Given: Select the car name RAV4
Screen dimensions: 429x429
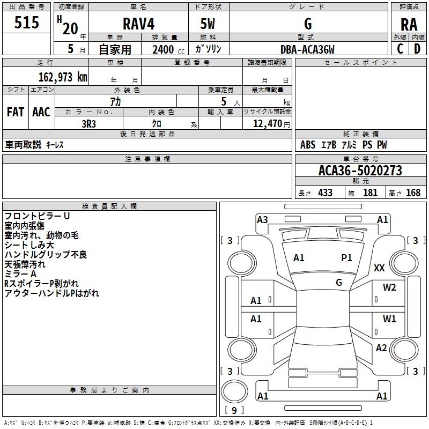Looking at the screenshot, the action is coord(138,24).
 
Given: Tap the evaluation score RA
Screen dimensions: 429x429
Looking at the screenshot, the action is coord(409,24).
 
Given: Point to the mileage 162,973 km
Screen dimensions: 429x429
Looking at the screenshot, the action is coord(63,77).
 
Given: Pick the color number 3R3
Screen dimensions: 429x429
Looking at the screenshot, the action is coord(88,123).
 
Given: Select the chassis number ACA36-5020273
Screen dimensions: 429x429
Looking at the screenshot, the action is coord(360,171).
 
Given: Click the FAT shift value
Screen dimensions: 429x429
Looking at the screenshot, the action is coord(16,112).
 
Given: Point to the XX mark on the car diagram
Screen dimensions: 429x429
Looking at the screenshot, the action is coord(379,268).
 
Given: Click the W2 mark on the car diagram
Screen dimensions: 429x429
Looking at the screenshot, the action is coord(389,287).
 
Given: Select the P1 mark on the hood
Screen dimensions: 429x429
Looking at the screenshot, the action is coord(347,258).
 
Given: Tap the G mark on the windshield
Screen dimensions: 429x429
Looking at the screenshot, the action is coord(338,282).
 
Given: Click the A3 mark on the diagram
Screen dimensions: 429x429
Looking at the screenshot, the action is coord(262,219).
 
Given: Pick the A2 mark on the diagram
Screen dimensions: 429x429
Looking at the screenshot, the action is coord(381,348).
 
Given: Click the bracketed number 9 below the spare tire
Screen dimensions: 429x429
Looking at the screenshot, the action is coord(234,411).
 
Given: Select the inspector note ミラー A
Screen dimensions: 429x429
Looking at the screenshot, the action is coord(20,274).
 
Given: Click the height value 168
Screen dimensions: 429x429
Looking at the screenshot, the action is coord(413,193).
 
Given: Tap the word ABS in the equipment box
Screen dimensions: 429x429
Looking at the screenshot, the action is coord(308,145).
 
